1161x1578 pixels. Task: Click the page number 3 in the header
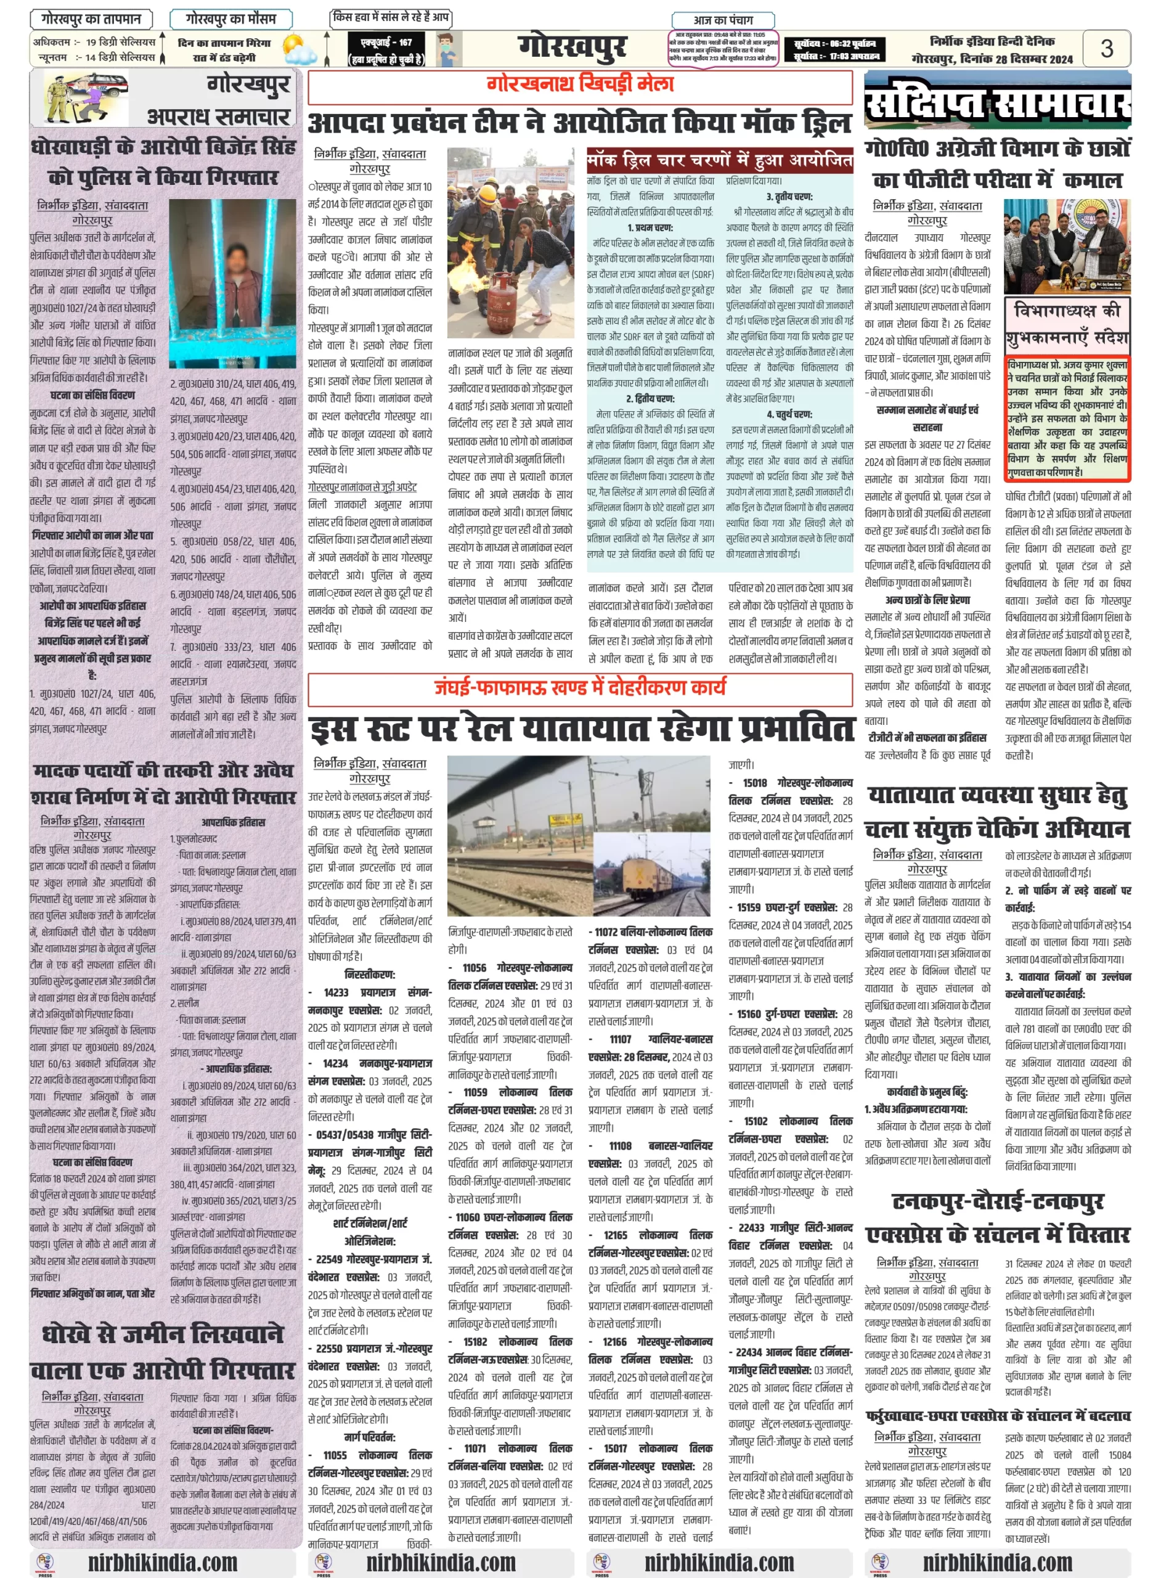(1106, 49)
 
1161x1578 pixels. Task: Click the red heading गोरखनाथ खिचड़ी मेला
(580, 84)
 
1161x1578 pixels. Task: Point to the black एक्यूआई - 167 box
(386, 49)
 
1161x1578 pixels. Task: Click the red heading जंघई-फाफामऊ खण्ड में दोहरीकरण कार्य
(580, 687)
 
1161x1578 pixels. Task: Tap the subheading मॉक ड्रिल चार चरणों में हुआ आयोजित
(719, 161)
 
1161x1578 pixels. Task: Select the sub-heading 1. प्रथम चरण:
(650, 227)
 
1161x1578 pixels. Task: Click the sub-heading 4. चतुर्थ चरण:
(789, 414)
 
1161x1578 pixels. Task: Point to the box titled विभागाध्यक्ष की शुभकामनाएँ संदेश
(1066, 324)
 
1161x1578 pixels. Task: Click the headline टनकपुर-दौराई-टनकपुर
(997, 1202)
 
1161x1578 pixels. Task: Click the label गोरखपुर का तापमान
(91, 19)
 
